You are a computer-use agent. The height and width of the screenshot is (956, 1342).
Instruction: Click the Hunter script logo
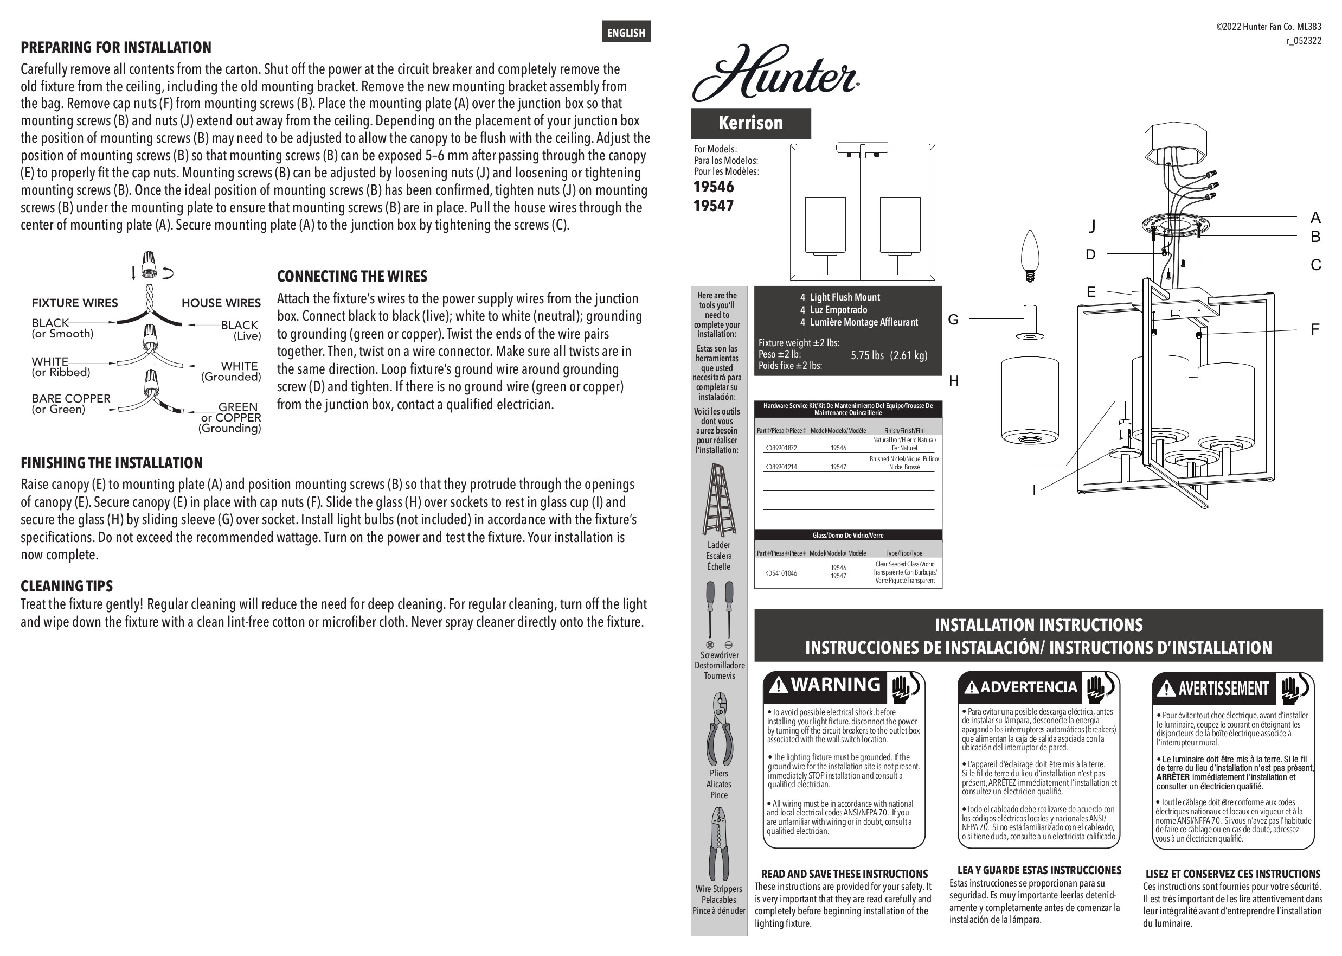pos(775,73)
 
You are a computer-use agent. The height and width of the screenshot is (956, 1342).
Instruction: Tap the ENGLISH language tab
pos(626,33)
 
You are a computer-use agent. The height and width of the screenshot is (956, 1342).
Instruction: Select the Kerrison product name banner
pos(751,123)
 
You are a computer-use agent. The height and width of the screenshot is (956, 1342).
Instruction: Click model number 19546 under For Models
pos(714,187)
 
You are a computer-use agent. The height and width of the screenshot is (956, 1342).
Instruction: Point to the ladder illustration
pos(718,500)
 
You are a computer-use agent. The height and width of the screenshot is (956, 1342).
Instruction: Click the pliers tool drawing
pos(720,729)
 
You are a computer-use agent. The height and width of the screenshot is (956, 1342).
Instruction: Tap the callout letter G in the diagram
pos(953,319)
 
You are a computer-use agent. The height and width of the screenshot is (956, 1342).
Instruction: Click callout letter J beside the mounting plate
pos(1092,226)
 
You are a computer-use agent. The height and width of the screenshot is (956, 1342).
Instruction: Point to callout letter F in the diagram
pos(1315,329)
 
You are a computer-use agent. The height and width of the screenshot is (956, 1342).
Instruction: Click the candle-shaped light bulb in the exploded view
pos(1030,254)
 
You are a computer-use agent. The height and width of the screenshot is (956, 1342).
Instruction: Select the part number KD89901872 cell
pos(781,448)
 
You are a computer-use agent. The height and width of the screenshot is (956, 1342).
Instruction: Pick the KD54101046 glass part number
pos(781,573)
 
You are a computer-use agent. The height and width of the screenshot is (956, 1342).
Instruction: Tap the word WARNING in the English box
pos(836,685)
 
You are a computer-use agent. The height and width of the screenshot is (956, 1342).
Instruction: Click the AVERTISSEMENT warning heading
pos(1224,688)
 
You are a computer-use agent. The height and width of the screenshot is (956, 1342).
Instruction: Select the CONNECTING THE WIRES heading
pos(352,276)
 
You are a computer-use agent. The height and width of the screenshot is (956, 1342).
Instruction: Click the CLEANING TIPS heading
pos(67,586)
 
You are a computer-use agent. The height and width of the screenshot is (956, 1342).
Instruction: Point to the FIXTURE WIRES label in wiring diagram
pos(75,303)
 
